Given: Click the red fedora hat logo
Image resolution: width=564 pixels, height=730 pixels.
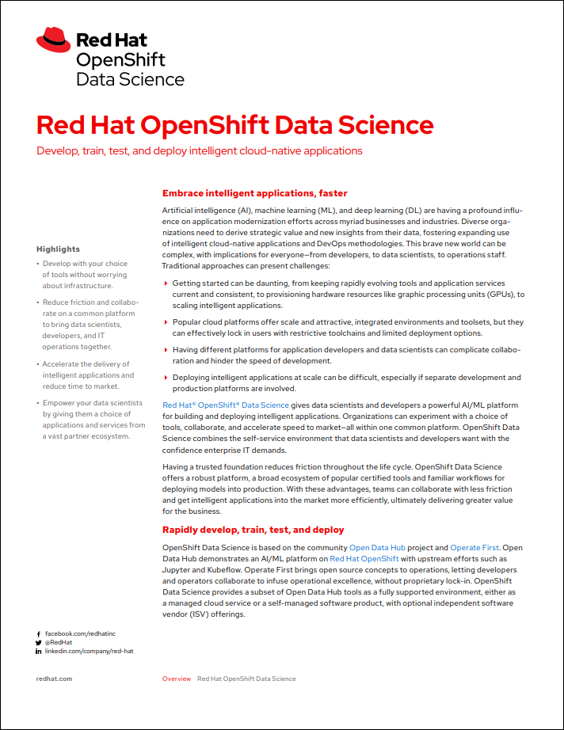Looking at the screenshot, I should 53,40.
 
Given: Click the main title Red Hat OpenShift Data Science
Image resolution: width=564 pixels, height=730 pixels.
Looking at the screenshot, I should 235,125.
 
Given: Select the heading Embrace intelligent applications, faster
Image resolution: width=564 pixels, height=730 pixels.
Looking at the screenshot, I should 254,193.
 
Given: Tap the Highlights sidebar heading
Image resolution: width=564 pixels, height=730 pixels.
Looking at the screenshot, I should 58,249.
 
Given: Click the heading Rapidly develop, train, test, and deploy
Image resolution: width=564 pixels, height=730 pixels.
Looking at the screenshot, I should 253,530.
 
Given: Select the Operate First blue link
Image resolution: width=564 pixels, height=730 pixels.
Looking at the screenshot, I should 475,548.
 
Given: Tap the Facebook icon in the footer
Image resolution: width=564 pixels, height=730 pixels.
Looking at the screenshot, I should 39,634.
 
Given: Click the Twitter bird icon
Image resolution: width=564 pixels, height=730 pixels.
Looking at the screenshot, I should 39,643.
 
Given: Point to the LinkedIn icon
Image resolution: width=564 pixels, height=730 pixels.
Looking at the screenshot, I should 39,652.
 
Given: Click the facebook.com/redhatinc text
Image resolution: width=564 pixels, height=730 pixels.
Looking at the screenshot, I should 80,634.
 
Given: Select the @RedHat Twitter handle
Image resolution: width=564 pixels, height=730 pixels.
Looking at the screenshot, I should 59,643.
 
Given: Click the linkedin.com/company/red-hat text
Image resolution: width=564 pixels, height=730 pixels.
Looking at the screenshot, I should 89,652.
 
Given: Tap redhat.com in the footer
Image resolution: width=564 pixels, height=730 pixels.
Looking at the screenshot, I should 55,679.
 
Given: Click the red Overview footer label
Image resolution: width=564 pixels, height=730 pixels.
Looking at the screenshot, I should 176,679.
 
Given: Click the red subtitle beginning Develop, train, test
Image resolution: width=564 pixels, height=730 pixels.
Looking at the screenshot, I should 200,150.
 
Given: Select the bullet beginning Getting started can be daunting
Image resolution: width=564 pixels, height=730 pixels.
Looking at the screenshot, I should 349,294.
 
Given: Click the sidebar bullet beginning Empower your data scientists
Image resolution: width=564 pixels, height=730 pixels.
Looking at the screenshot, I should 93,419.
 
